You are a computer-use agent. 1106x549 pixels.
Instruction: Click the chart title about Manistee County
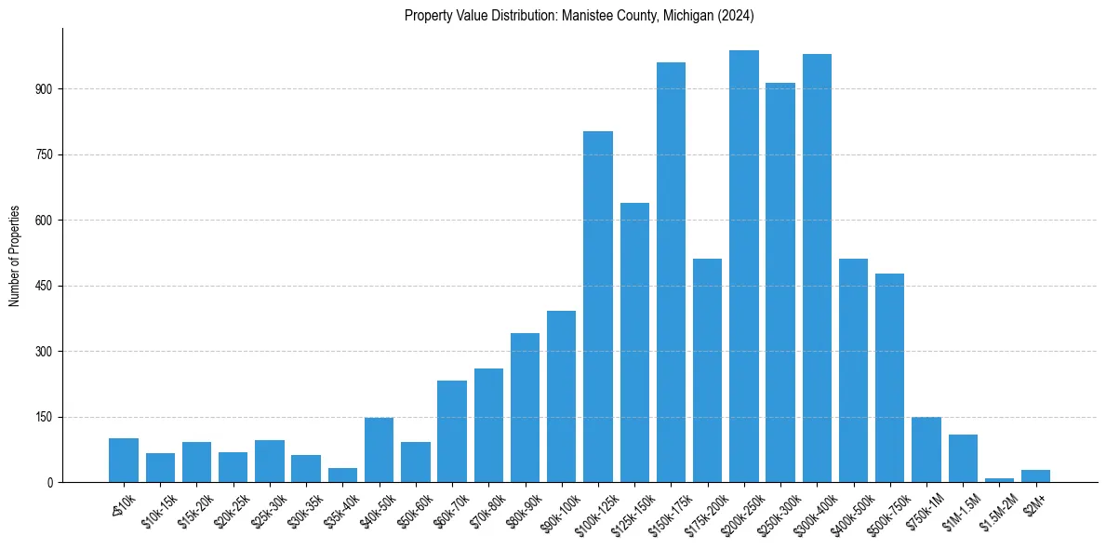(x=579, y=16)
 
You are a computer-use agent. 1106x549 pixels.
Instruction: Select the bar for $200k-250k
(x=744, y=266)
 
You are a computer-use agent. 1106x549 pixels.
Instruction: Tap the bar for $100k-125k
(x=598, y=307)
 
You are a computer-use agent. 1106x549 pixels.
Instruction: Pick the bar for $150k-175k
(x=671, y=273)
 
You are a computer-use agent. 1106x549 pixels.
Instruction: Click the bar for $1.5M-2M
(x=999, y=480)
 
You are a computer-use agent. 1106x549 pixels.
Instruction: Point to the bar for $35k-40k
(x=343, y=475)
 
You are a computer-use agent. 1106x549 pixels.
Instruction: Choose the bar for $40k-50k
(x=380, y=450)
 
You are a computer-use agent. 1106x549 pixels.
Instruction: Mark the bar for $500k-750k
(x=890, y=378)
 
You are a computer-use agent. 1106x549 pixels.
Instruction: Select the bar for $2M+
(x=1035, y=476)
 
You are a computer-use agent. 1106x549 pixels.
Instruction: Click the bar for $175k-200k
(x=708, y=370)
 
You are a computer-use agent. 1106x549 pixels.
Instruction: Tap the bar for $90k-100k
(x=562, y=396)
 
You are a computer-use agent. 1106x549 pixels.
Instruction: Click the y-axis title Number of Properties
(x=15, y=255)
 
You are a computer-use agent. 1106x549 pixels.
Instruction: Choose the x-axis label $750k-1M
(x=924, y=511)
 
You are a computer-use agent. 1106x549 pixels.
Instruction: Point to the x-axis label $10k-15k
(x=158, y=511)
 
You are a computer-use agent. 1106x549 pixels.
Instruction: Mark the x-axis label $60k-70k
(x=449, y=511)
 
